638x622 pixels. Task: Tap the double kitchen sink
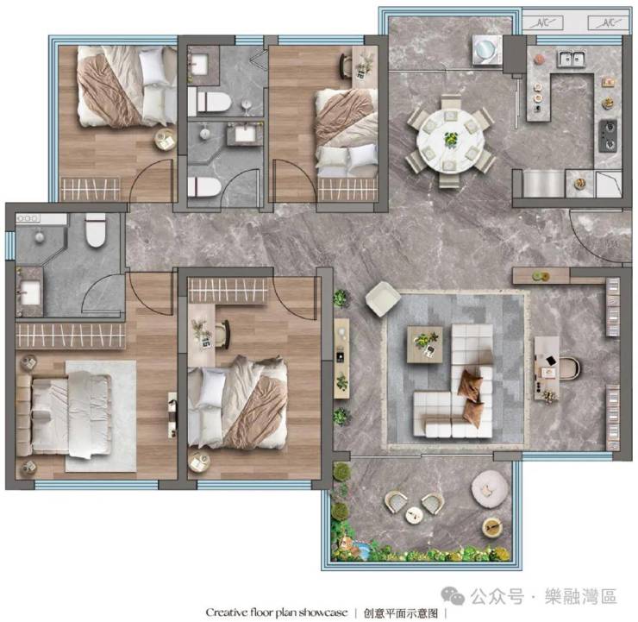(572, 59)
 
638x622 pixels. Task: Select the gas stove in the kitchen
(608, 136)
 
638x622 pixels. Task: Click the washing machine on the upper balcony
(486, 50)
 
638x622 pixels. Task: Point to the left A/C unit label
(543, 23)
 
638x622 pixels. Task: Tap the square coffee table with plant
(425, 344)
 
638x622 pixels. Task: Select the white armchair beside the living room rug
(382, 298)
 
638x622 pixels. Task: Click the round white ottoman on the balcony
(490, 489)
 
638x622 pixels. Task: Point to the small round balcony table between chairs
(414, 515)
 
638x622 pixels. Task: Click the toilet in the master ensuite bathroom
(96, 230)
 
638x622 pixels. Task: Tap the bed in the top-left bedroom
(127, 86)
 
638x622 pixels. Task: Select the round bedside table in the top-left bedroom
(165, 140)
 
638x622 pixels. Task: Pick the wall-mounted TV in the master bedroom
(173, 415)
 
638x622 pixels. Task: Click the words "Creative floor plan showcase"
(277, 613)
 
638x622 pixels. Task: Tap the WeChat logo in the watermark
(453, 595)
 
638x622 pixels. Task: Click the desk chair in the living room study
(571, 368)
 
